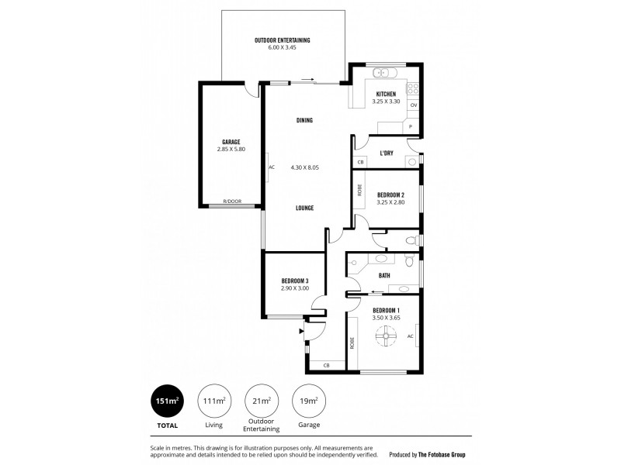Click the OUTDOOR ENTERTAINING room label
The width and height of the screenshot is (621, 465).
tap(283, 40)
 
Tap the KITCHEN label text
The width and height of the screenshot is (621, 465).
tap(387, 95)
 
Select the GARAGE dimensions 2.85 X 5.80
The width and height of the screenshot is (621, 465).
tap(231, 149)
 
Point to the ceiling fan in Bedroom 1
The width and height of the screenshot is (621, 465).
tap(384, 336)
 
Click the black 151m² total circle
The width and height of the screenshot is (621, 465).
tap(168, 401)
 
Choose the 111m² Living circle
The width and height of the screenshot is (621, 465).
tap(214, 401)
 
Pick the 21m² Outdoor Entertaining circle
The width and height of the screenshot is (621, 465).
tap(262, 401)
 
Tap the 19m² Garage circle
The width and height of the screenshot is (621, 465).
tap(308, 401)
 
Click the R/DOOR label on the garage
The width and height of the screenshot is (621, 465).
tap(232, 201)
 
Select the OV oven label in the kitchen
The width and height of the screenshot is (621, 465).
tap(414, 105)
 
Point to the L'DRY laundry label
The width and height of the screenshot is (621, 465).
tap(386, 153)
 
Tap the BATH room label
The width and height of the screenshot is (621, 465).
tap(384, 275)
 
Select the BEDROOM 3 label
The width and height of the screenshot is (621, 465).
tap(295, 281)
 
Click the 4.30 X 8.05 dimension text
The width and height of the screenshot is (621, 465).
tap(305, 167)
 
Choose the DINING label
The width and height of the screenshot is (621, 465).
tap(304, 120)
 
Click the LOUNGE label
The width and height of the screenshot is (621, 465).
tap(304, 208)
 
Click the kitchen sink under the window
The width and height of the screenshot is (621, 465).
tap(383, 74)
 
